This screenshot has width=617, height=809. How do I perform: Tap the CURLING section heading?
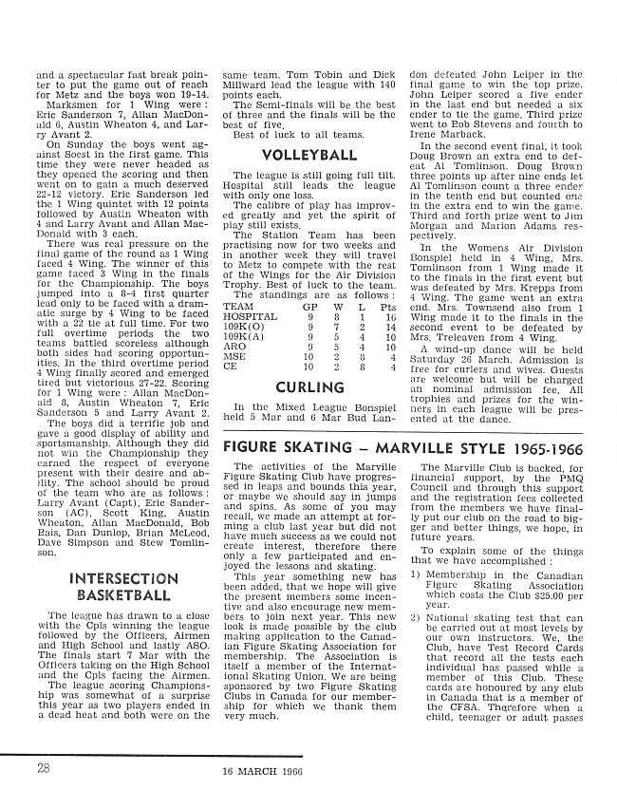coord(308,387)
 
